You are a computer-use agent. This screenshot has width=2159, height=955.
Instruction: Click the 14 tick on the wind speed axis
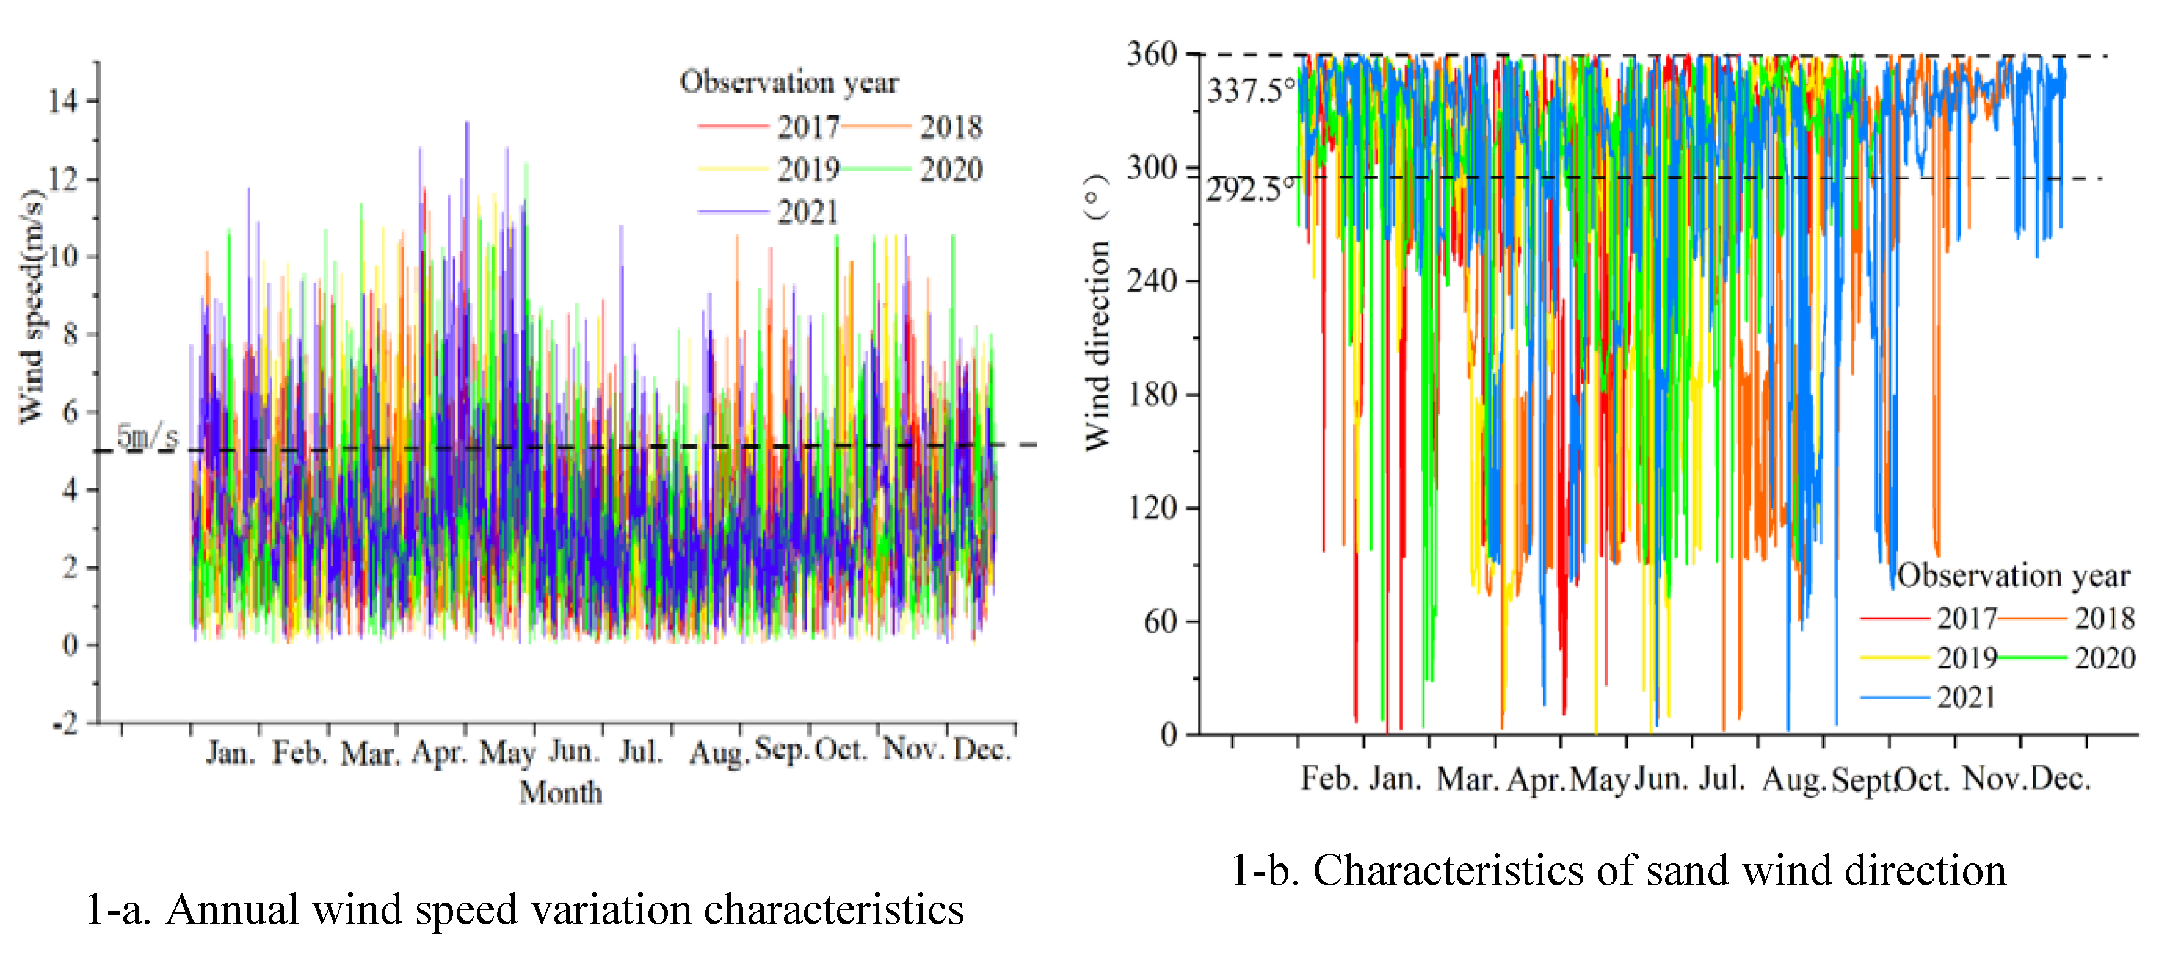[63, 101]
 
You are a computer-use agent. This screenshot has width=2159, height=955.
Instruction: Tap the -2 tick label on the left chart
[65, 722]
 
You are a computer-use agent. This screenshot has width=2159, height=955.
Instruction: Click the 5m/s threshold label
[148, 436]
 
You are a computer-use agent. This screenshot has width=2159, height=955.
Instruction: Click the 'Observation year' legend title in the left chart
[789, 82]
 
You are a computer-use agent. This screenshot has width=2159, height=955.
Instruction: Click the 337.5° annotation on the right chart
[1250, 90]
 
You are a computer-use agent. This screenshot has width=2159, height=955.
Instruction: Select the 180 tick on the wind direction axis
[1152, 394]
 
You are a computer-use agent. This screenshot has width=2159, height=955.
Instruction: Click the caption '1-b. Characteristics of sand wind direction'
[1617, 870]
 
